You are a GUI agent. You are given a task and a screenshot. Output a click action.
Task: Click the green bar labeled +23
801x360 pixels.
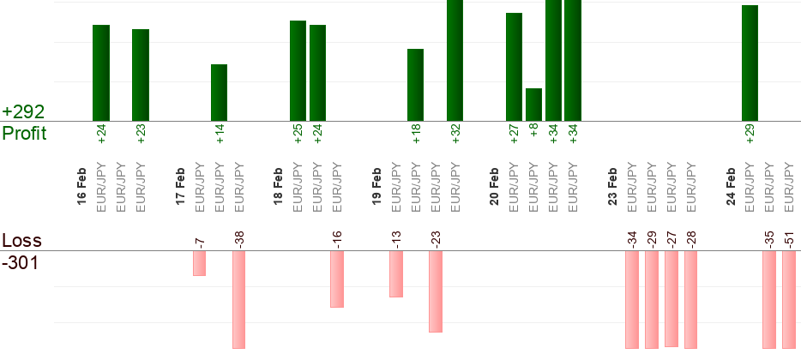click(141, 75)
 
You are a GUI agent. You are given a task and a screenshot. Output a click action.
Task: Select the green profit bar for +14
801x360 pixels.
click(220, 93)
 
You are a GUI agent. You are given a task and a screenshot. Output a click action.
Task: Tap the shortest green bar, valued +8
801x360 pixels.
click(533, 105)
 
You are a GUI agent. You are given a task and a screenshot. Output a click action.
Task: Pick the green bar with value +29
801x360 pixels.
click(750, 63)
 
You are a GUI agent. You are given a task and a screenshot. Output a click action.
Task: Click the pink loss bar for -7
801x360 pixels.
click(199, 263)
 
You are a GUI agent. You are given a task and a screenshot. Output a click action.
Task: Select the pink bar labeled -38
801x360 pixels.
click(238, 299)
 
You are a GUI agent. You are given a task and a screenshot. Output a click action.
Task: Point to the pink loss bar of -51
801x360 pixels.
click(789, 299)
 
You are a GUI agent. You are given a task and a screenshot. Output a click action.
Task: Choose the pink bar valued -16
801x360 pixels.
click(337, 279)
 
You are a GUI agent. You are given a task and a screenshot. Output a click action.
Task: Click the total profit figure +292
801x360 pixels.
click(23, 112)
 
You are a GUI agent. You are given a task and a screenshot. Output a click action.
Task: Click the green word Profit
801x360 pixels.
click(25, 134)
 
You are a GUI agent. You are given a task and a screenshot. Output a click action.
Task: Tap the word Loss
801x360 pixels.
click(21, 241)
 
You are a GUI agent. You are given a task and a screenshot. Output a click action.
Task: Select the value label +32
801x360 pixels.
click(456, 135)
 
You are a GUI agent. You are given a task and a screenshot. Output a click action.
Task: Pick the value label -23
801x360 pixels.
click(436, 237)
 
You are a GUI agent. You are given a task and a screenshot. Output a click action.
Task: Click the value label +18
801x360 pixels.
click(416, 135)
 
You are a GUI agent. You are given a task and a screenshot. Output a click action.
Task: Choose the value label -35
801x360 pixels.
click(769, 237)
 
